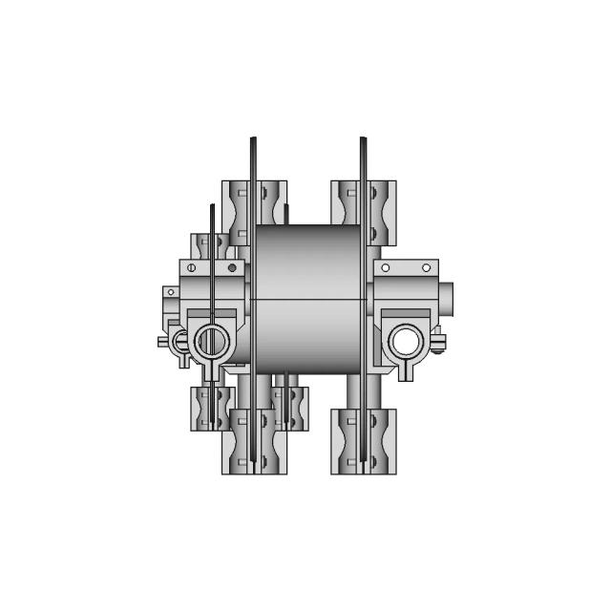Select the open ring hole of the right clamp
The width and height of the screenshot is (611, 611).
click(406, 339)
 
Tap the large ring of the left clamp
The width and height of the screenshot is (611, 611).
click(211, 339)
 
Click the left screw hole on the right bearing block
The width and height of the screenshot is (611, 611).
click(386, 268)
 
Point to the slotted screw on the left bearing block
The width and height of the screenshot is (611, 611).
click(192, 268)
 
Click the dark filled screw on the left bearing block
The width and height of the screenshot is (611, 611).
click(232, 268)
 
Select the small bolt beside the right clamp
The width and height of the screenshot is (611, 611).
click(438, 342)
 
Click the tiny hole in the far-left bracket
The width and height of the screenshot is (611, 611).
click(170, 291)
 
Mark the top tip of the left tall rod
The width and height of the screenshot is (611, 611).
click(253, 140)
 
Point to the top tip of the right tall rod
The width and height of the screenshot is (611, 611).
click(363, 140)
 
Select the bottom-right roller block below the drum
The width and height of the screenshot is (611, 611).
click(364, 441)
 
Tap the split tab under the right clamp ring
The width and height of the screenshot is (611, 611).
click(406, 369)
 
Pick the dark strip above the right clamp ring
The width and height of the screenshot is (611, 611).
click(406, 312)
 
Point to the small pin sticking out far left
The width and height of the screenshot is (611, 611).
click(161, 341)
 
